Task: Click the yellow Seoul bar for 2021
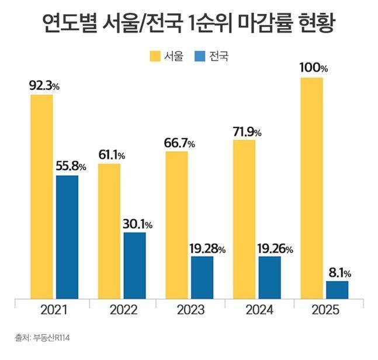point(41,196)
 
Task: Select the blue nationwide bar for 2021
point(67,237)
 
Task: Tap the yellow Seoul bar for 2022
point(109,231)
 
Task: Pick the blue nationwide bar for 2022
point(134,265)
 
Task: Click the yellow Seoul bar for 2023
point(176,225)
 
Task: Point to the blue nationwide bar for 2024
point(269,277)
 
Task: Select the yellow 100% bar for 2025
point(311,187)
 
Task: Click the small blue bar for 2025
point(337,289)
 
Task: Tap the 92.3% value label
point(44,86)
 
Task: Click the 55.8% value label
point(70,167)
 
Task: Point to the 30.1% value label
point(138,224)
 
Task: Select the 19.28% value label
point(205,248)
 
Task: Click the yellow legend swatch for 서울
point(155,57)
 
